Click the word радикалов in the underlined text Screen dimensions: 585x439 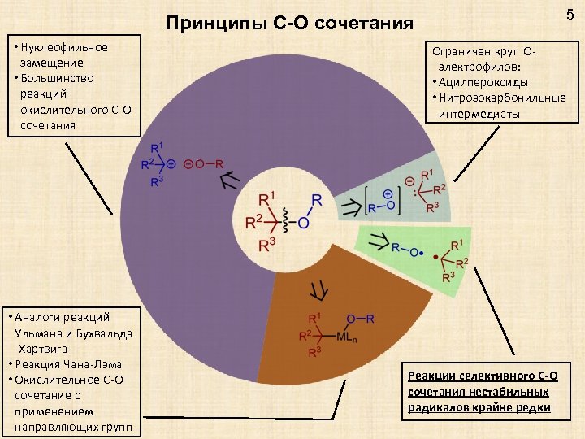coord(435,406)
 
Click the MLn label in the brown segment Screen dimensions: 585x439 coord(353,337)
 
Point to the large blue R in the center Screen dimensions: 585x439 coord(316,199)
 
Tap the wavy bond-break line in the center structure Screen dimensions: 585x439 coord(284,220)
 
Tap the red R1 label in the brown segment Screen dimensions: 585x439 coord(314,318)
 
